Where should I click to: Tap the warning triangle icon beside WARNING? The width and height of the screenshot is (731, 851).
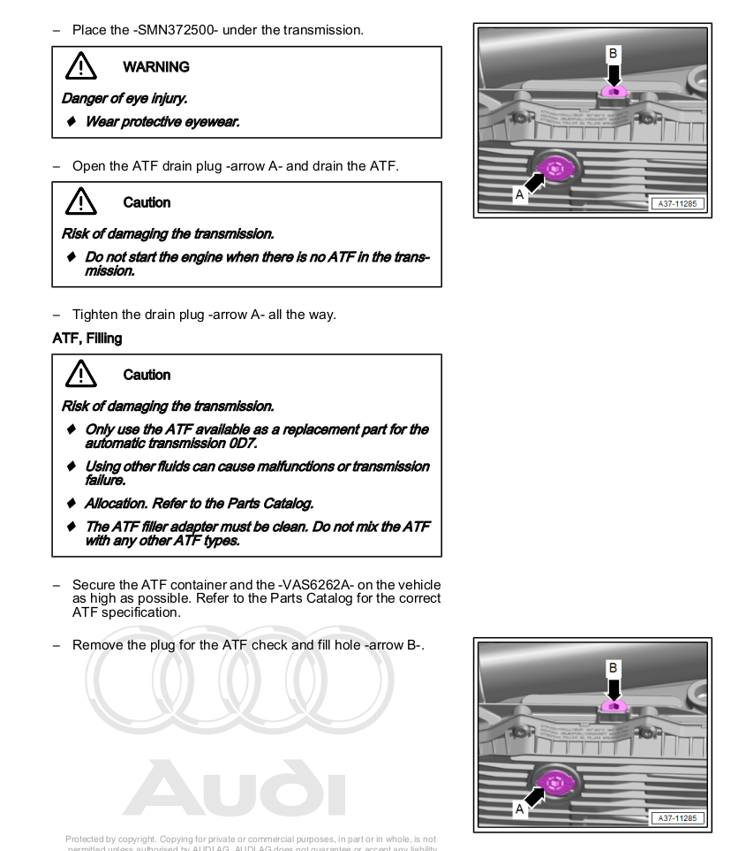coord(80,66)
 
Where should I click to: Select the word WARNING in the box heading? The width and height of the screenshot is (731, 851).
coord(155,67)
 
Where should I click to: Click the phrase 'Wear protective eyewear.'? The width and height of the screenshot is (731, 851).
coord(162,122)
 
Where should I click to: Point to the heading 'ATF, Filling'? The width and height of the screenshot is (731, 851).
coord(87,338)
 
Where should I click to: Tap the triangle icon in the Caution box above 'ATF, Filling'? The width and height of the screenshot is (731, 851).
coord(80,202)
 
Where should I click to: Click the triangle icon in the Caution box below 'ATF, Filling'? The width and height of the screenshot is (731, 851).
coord(80,375)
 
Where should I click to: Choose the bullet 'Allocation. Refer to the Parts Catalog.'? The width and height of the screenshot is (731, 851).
coord(199,504)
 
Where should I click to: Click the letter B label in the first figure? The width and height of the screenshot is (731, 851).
coord(613,53)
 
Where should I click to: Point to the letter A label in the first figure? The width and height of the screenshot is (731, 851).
coord(519,194)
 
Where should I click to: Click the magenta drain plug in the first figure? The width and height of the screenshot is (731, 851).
coord(555,167)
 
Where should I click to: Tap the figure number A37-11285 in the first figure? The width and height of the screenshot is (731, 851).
coord(677,204)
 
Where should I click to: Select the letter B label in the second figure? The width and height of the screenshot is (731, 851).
coord(613,668)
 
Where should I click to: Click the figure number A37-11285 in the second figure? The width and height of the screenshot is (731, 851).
coord(677,818)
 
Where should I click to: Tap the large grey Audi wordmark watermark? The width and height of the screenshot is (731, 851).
coord(234,789)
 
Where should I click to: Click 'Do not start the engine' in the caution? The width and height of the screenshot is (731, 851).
coord(157,257)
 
